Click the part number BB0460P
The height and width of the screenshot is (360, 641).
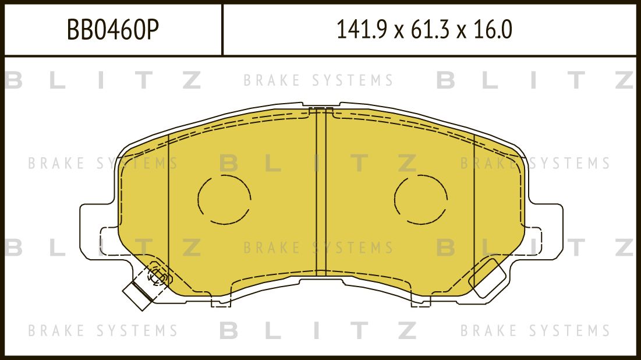113,30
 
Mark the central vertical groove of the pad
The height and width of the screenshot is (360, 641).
321,192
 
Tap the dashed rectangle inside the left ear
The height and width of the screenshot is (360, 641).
111,241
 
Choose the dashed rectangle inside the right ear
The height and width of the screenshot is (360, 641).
532,241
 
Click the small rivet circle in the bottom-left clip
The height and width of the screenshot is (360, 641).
157,277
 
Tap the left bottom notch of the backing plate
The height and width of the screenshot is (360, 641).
221,301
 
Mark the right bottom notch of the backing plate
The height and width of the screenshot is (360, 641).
420,301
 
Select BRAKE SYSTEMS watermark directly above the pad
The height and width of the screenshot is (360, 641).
318,80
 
